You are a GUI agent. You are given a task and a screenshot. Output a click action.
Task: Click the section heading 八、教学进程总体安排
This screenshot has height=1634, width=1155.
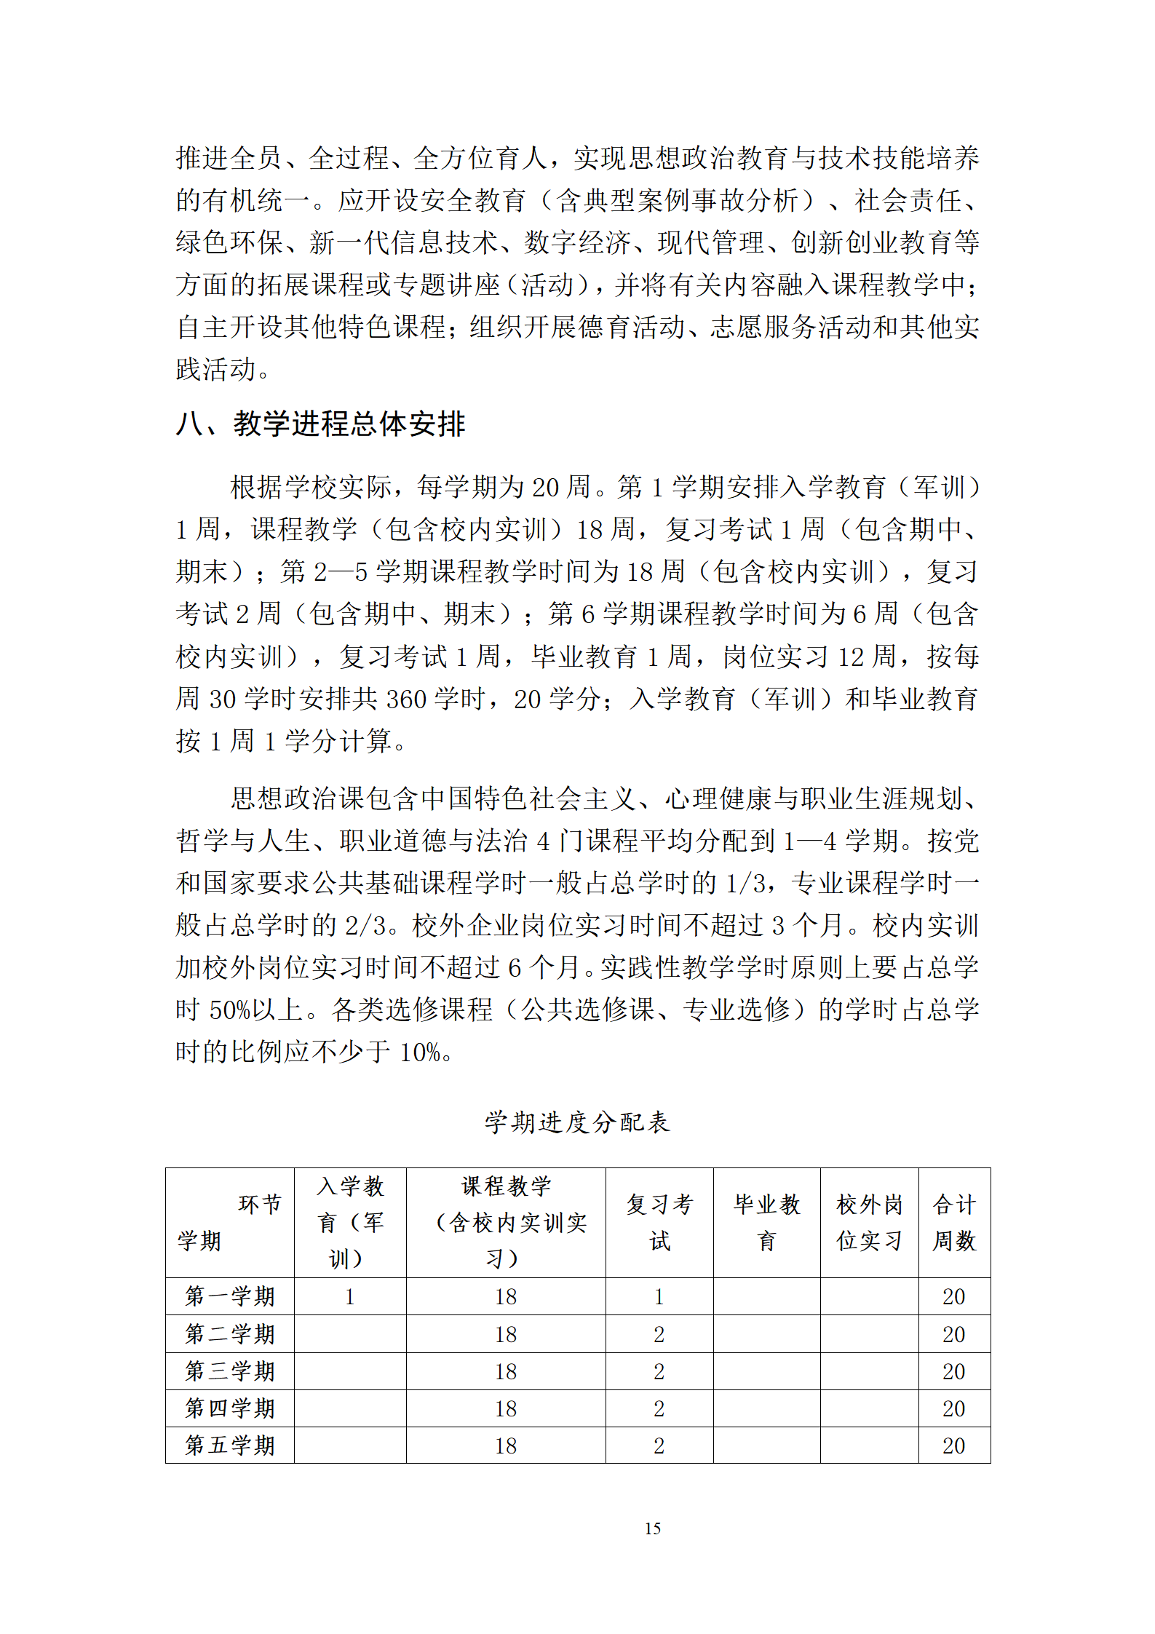320,424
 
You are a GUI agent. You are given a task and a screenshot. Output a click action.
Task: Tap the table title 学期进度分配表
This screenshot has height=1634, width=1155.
577,1122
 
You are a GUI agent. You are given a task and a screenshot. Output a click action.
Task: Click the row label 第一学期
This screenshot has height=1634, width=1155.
230,1296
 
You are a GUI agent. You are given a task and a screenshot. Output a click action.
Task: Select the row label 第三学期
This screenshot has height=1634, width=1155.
230,1371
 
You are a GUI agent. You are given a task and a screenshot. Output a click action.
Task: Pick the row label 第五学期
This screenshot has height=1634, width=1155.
230,1445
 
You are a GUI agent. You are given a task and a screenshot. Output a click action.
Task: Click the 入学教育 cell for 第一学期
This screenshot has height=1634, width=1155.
350,1297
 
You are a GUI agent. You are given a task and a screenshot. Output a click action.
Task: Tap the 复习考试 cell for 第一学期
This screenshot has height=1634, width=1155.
659,1297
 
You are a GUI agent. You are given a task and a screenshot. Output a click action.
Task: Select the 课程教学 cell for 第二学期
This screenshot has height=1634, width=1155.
506,1334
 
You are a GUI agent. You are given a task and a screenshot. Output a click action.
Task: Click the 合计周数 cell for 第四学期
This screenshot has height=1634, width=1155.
953,1408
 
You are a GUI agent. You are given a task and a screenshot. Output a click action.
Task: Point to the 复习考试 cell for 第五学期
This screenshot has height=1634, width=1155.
659,1446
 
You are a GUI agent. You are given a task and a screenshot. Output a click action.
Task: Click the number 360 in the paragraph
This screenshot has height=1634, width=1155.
406,699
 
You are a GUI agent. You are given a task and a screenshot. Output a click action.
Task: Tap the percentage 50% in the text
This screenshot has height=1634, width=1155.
230,1010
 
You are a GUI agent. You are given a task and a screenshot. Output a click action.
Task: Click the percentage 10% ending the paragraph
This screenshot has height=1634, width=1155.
420,1052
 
